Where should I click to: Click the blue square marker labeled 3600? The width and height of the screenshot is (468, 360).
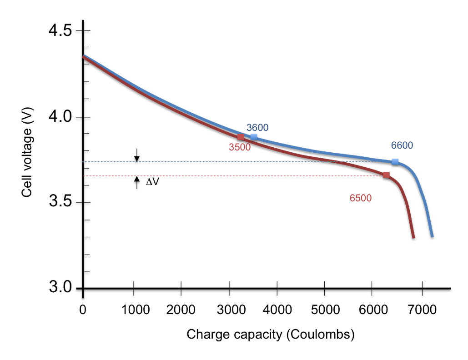tap(254, 137)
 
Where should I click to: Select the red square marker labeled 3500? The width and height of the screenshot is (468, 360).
tap(241, 137)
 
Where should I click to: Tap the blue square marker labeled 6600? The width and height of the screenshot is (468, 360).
tap(395, 162)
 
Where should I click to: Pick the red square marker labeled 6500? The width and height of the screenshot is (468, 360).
tap(386, 175)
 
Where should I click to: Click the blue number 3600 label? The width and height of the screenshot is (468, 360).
tap(257, 128)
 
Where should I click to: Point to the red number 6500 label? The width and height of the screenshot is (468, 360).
tap(361, 198)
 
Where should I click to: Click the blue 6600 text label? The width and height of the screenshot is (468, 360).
tap(402, 145)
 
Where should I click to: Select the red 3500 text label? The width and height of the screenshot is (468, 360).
tap(240, 147)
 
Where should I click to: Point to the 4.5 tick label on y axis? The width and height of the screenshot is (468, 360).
tap(61, 31)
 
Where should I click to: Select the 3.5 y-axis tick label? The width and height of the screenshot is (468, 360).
tap(61, 202)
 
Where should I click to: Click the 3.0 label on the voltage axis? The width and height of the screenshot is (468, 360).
tap(61, 288)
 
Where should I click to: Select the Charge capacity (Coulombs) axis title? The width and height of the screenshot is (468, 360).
tap(271, 335)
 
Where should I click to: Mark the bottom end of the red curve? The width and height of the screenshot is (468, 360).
tap(413, 237)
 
